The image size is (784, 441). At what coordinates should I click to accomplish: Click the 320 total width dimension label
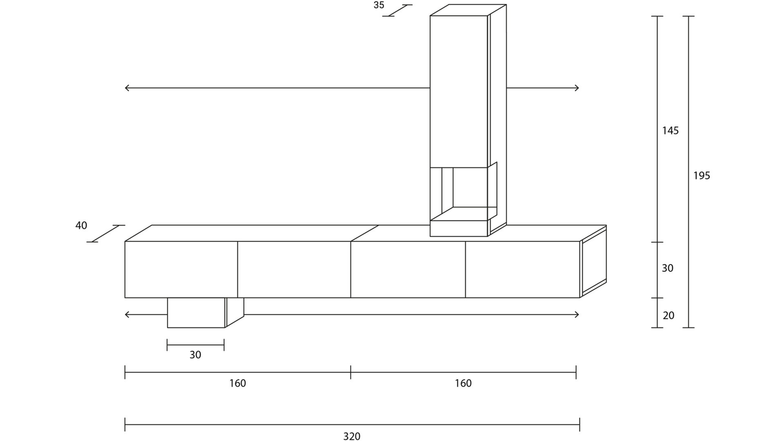coord(352,436)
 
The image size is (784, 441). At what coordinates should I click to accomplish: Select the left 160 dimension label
coord(237,383)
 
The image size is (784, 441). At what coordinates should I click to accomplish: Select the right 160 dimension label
coord(463,383)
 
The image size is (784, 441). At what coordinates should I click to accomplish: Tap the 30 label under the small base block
coord(195,355)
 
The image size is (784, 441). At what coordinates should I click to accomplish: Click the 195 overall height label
coord(702,176)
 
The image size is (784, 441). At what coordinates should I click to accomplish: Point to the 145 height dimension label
coord(670,131)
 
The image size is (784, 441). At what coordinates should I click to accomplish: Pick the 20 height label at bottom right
coord(668,315)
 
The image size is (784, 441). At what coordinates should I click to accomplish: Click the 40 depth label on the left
coord(81,225)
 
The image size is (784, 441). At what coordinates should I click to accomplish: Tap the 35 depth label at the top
coord(379,5)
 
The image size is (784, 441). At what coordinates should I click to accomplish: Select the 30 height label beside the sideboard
coord(668,268)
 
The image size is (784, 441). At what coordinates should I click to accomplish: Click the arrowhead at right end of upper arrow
coord(577,88)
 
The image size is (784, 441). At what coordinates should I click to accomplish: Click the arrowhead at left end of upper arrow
coord(126,88)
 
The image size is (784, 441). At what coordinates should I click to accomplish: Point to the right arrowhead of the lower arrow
coord(577,314)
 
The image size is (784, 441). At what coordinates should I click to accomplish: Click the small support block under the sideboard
coord(196,313)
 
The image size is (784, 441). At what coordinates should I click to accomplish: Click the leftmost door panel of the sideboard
coord(181,269)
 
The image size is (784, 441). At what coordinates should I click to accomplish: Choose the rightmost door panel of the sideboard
coord(522,269)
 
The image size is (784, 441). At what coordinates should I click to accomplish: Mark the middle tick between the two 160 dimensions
coord(350,372)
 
